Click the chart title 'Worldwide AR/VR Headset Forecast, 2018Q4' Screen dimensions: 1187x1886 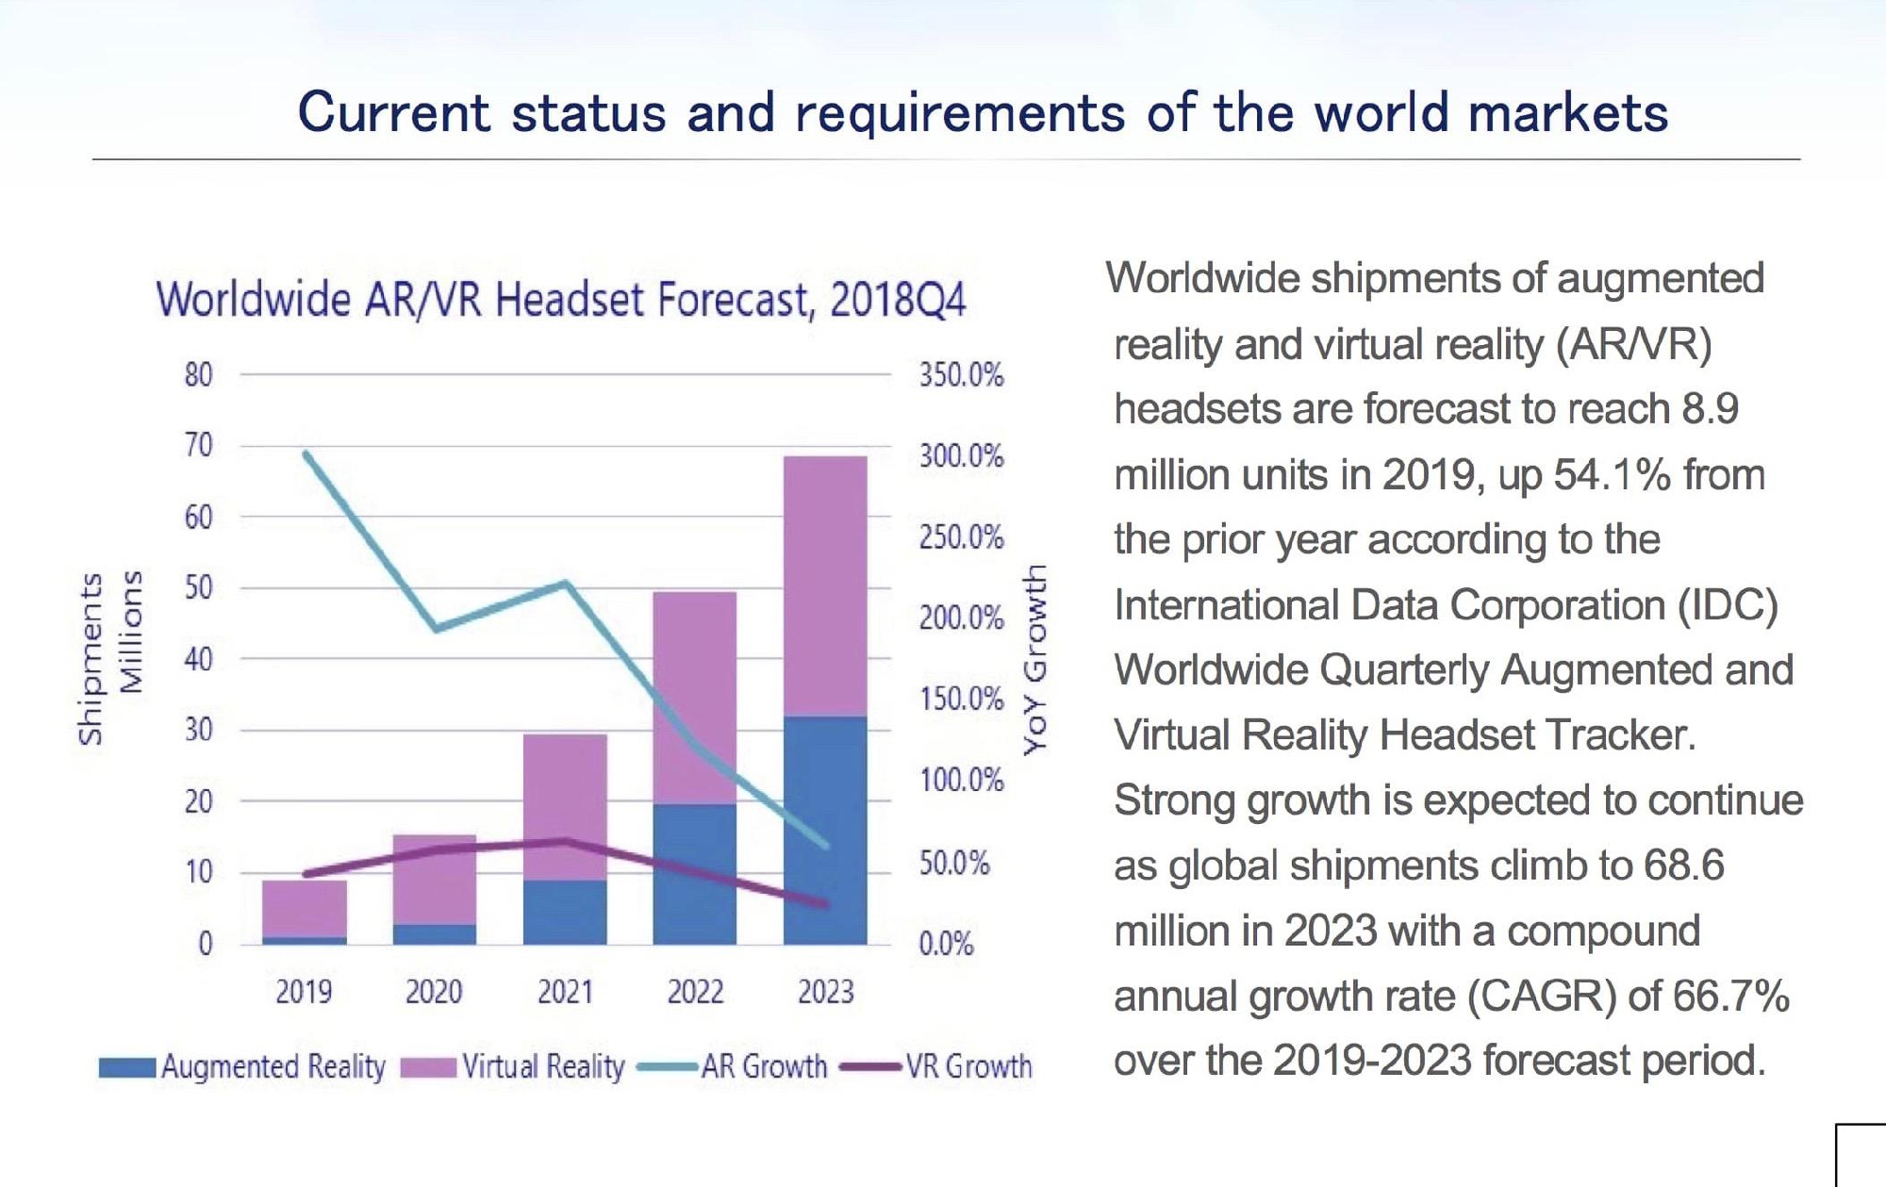tap(561, 300)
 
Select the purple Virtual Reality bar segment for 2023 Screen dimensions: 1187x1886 tap(825, 585)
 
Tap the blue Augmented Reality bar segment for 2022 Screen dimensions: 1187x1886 tap(694, 873)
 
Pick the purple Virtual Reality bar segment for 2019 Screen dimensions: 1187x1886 tap(304, 908)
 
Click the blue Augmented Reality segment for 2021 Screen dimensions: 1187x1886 tap(565, 912)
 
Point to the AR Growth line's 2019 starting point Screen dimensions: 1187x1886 tap(306, 453)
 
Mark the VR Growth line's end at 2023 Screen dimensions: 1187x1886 tap(826, 904)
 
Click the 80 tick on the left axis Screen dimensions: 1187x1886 tap(198, 375)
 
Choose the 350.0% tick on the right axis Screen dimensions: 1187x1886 tap(961, 375)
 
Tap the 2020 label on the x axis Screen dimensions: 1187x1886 tap(434, 992)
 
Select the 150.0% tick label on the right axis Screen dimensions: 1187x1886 tap(961, 699)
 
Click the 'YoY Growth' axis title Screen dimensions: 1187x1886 tap(1034, 659)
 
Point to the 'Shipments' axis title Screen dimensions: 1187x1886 tap(91, 658)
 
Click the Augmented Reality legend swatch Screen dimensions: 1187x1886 tap(126, 1067)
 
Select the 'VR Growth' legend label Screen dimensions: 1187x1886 tap(968, 1066)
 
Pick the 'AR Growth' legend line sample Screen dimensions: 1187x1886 tap(668, 1067)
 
